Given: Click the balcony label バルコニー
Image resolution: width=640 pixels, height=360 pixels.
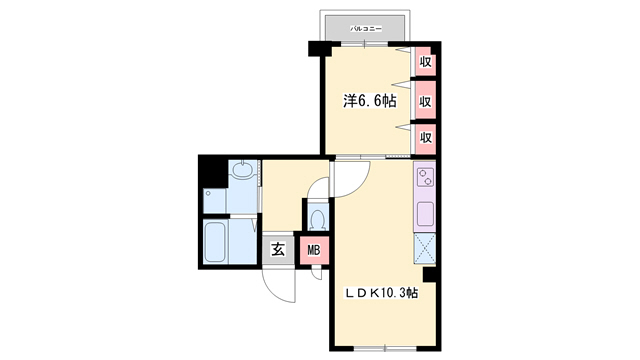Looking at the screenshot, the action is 366,29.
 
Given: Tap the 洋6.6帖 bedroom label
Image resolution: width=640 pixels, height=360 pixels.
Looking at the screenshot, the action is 370,101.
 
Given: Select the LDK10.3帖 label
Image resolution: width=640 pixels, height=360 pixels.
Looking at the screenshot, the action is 381,293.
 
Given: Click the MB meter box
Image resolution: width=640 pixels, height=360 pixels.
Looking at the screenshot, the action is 314,250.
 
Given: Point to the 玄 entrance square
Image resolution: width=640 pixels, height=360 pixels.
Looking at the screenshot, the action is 278,249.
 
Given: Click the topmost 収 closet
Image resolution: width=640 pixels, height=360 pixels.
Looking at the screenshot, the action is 426,62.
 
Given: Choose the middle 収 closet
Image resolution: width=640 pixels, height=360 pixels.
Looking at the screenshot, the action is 426,100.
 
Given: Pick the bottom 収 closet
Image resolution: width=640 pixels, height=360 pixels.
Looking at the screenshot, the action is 426,138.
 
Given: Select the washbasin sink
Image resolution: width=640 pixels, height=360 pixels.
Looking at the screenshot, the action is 243,170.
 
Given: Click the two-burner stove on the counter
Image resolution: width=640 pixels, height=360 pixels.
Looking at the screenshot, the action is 425,178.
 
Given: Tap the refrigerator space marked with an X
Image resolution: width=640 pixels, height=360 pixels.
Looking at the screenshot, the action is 425,248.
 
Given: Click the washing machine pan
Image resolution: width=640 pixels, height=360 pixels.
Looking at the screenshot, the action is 214,200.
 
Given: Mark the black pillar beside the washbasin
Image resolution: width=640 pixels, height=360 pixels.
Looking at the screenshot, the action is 213,171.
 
